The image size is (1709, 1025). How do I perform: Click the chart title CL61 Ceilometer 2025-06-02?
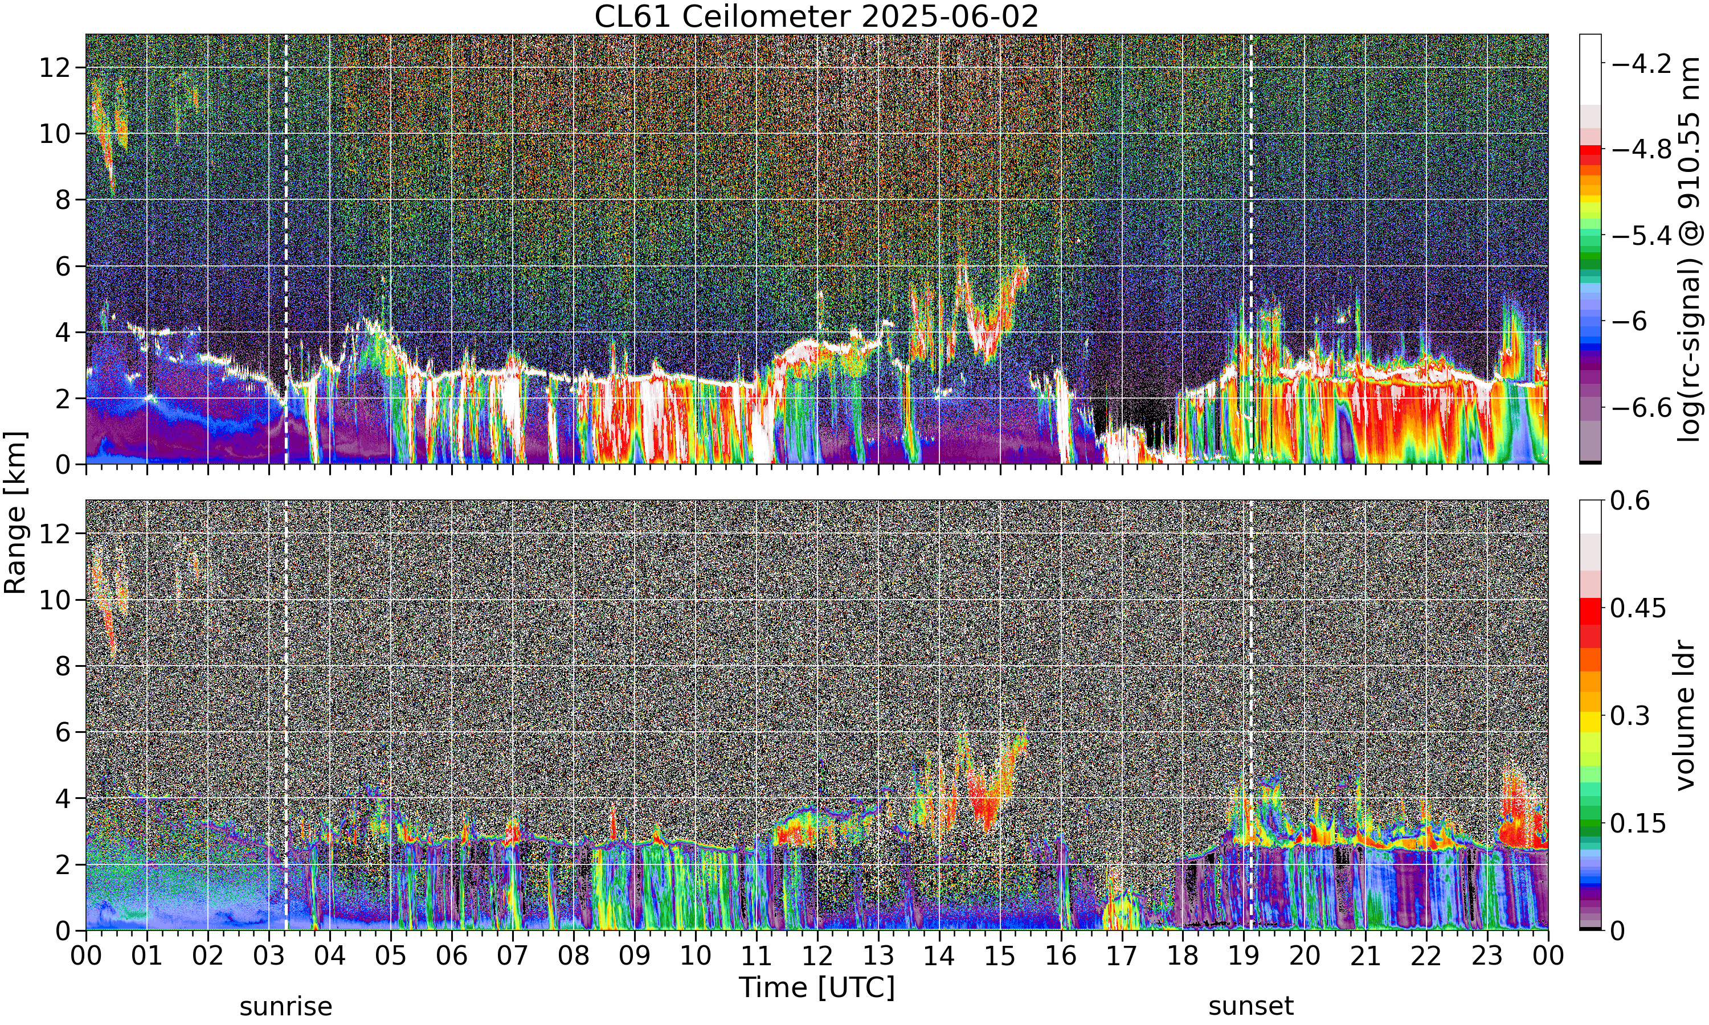coord(816,16)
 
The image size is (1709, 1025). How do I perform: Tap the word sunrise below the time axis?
coord(286,1006)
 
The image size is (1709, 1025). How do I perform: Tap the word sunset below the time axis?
coord(1251,1006)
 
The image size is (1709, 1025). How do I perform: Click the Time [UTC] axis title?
coord(816,988)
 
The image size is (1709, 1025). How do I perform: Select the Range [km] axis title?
coord(15,512)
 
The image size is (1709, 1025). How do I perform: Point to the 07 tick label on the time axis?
coord(513,956)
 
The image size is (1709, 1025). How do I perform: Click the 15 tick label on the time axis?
coord(1000,956)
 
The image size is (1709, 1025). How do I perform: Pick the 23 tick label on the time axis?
coord(1487,956)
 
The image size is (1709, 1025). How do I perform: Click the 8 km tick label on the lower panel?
coord(62,666)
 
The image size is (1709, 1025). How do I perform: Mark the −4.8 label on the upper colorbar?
coord(1641,149)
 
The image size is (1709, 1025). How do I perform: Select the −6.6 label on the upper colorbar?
coord(1641,408)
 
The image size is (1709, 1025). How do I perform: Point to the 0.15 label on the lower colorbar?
coord(1638,823)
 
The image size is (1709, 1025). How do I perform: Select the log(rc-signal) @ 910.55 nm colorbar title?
coord(1690,249)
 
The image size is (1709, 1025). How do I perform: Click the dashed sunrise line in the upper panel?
coord(286,249)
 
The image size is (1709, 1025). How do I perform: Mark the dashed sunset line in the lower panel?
coord(1251,715)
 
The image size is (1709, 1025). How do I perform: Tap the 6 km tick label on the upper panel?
coord(62,266)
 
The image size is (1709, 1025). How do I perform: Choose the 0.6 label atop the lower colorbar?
coord(1630,501)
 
